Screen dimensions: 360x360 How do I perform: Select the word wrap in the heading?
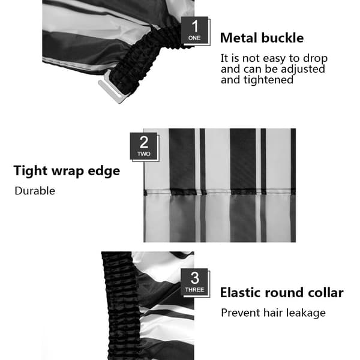pyautogui.click(x=67, y=172)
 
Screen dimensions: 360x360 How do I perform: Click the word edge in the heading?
pyautogui.click(x=104, y=172)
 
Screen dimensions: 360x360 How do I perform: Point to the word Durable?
pyautogui.click(x=35, y=191)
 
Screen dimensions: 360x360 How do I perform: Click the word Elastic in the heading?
pyautogui.click(x=241, y=293)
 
